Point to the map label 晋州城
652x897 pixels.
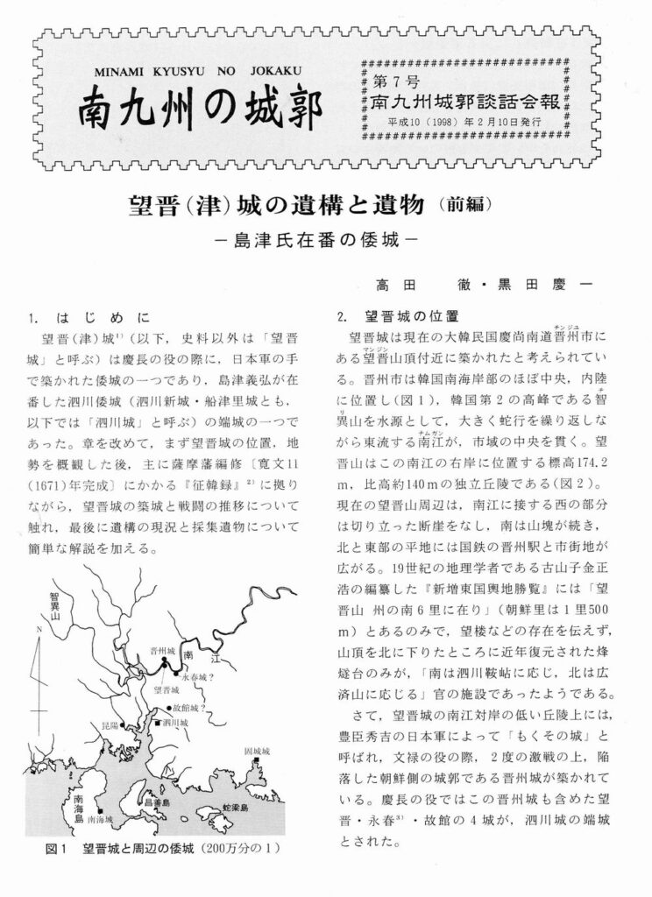[x=162, y=652]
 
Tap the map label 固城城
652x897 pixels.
[x=260, y=752]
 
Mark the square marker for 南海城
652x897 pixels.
[x=102, y=810]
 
